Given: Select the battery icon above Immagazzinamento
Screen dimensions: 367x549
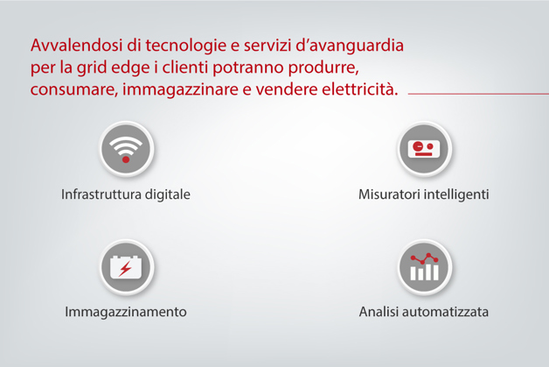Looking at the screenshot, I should click(126, 266).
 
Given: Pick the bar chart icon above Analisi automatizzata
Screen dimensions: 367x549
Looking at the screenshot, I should click(423, 266).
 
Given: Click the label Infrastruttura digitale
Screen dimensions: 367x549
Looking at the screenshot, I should click(126, 194).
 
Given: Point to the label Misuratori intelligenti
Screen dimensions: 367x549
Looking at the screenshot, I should click(423, 194).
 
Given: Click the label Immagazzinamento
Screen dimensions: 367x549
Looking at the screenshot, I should click(126, 312).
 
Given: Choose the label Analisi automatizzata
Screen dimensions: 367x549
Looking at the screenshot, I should click(423, 312).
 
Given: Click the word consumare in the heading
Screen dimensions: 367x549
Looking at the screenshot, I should click(66, 90).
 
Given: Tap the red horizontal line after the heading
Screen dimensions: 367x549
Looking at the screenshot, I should click(476, 91).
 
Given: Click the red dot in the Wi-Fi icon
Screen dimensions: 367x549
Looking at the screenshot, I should click(126, 159).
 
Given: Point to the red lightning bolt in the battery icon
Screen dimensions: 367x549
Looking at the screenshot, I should click(126, 268).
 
